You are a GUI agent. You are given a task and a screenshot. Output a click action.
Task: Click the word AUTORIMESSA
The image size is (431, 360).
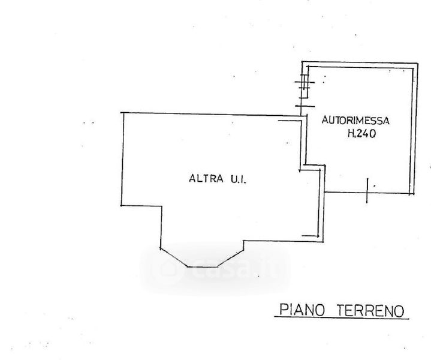pos(352,121)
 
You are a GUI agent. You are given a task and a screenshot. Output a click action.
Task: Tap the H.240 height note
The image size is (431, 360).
pos(361,135)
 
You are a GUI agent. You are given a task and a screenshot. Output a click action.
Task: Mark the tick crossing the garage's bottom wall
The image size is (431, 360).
pos(366,191)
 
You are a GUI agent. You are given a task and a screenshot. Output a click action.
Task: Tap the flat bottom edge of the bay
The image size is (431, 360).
pos(204,266)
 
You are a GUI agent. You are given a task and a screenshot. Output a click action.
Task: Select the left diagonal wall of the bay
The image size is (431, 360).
pos(174,257)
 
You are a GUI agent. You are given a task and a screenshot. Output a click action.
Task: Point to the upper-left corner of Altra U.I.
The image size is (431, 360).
pos(123,115)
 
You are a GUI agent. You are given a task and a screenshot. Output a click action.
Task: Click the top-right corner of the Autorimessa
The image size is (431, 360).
pos(415,64)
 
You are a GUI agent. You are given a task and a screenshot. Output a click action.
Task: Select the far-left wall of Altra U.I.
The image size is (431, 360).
pos(123,159)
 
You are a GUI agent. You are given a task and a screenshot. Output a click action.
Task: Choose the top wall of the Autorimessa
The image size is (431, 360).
pos(360,65)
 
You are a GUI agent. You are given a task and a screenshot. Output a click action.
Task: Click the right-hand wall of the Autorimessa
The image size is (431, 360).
pos(414,129)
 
